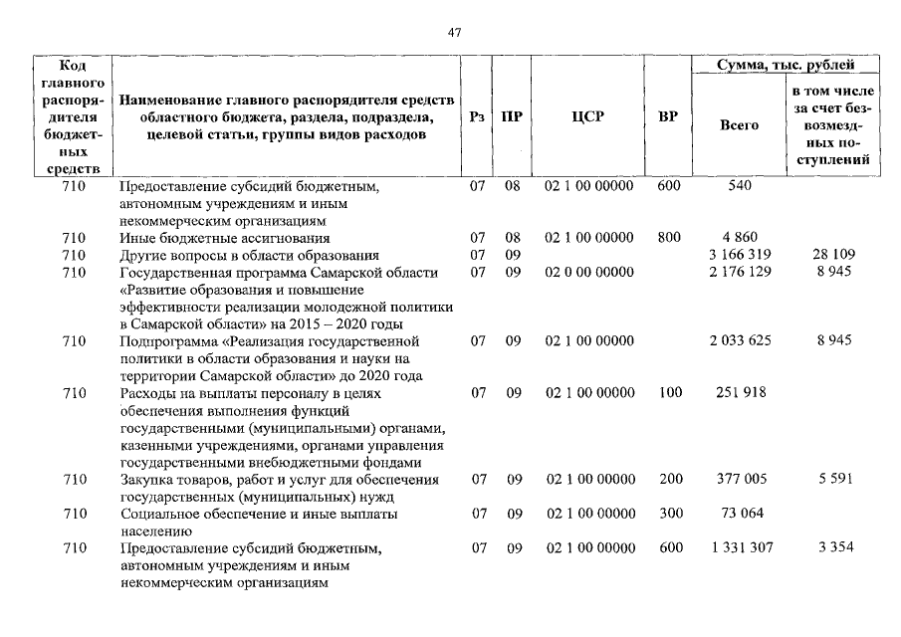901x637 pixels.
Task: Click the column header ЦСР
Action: (x=588, y=116)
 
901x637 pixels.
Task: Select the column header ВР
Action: (x=668, y=116)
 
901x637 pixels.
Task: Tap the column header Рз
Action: (x=477, y=116)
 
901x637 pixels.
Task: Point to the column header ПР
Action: (x=512, y=116)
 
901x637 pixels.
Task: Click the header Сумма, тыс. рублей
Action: (x=785, y=65)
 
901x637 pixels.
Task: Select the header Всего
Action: (x=739, y=125)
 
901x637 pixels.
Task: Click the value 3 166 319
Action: (x=739, y=255)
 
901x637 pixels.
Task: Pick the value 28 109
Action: (x=833, y=255)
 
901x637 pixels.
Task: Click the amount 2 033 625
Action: (x=739, y=341)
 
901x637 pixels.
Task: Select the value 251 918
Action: (x=739, y=393)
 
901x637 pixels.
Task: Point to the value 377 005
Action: (x=739, y=480)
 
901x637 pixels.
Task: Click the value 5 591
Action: (x=834, y=480)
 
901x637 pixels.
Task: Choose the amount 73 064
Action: (x=739, y=515)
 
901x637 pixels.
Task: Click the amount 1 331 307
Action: (x=739, y=548)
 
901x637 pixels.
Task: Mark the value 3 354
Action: (x=834, y=548)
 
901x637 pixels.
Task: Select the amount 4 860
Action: (x=740, y=238)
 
